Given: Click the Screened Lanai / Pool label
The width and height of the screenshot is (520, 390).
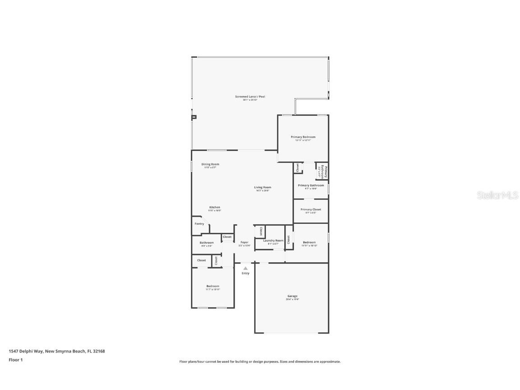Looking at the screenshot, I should (x=250, y=97).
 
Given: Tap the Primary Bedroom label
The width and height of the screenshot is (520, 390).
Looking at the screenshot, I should (x=303, y=137).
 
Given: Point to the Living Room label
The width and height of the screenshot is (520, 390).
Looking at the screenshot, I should (x=262, y=187).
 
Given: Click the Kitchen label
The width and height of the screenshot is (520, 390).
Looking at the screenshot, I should (x=214, y=207).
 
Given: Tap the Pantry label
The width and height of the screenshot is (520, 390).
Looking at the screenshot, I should (x=199, y=224).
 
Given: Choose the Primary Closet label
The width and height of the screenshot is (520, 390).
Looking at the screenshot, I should (x=311, y=209).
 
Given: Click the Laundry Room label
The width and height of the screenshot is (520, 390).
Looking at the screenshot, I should (x=273, y=241).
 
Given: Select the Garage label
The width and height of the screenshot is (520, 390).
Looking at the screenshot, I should (x=292, y=296).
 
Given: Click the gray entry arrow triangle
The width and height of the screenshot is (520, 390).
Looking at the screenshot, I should (x=245, y=268).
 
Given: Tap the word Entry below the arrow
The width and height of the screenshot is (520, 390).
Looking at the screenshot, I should (x=245, y=273).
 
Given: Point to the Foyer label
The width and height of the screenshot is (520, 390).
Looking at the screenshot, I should (x=244, y=242).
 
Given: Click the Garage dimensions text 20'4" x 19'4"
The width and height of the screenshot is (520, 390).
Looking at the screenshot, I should (x=292, y=299).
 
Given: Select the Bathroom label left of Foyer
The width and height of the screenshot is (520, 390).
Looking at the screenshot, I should (x=207, y=243).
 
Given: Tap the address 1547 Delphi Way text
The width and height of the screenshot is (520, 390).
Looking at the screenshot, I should (x=56, y=351).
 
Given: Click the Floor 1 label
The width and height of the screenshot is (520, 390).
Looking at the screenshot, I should (x=15, y=360).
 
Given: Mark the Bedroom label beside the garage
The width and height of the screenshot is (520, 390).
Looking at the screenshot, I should (x=309, y=242).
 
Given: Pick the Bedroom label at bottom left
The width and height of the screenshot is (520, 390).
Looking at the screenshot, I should (x=213, y=286).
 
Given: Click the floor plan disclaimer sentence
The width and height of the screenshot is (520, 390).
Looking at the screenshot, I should (x=260, y=362).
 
